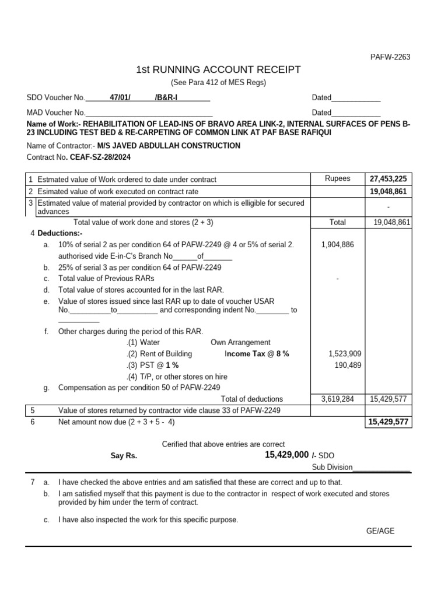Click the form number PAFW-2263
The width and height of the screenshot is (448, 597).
pos(390,57)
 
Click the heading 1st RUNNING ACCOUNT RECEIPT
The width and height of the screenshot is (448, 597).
pos(218,70)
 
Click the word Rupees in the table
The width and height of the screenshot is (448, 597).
pos(338,179)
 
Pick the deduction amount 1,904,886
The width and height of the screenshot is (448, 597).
pos(337,245)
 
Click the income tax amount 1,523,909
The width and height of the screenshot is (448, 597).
pos(345,354)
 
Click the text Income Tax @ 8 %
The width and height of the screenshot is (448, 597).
pos(257,354)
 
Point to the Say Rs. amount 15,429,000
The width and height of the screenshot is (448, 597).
pos(286,454)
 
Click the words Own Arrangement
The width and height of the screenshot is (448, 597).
pos(240,342)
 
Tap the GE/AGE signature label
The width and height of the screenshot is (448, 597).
pos(380,531)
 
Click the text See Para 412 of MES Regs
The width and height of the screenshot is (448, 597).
pos(218,83)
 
